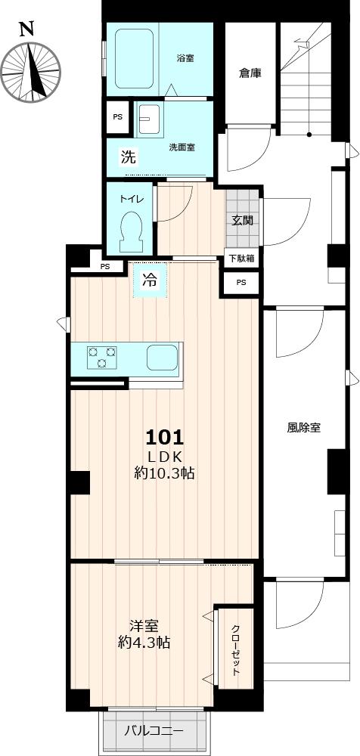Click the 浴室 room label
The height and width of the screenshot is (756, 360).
(185, 59)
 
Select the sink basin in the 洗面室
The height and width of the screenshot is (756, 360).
(149, 119)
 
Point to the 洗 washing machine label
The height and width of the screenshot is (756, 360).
(128, 157)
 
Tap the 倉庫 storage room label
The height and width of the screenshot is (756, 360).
(250, 74)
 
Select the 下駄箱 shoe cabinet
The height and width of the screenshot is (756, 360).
(243, 258)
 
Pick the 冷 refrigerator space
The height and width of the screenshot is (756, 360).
(150, 280)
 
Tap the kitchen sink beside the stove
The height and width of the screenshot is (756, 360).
(163, 358)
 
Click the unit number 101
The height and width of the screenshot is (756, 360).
(165, 437)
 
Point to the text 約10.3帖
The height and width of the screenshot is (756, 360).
(164, 473)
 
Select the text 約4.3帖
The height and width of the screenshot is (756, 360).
(144, 642)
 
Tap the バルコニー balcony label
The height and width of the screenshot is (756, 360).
(154, 731)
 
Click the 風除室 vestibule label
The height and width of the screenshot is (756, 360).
(304, 428)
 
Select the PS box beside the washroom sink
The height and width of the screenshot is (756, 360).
(118, 116)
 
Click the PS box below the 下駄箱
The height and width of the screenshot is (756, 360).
(241, 283)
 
